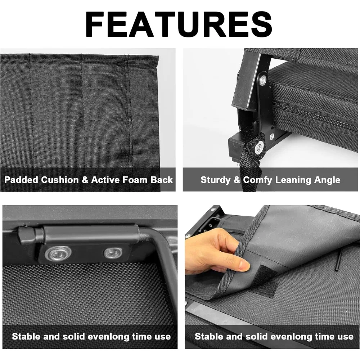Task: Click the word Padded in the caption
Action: pos(21,180)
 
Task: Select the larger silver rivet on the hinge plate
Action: pos(58,254)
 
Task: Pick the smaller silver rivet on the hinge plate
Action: pos(112,253)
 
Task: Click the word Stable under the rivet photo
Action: pos(25,337)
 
